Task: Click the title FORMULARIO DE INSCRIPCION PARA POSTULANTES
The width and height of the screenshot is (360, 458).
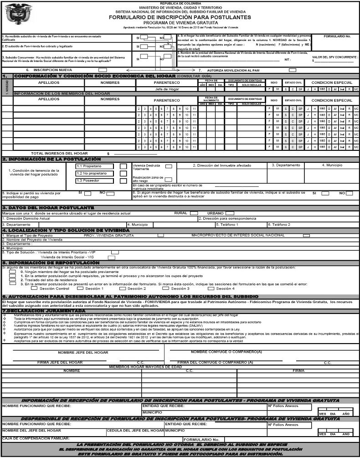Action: click(180, 17)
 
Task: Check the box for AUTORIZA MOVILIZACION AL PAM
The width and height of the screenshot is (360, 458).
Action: click(293, 70)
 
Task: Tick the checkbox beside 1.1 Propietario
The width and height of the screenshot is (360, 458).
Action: click(123, 166)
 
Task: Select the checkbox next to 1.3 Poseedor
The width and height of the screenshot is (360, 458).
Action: click(123, 181)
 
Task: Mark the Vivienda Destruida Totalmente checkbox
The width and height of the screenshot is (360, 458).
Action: click(169, 167)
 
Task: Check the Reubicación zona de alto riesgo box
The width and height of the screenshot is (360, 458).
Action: click(169, 180)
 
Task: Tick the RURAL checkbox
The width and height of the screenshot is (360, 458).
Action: click(194, 213)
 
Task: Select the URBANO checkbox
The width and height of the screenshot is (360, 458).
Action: click(230, 213)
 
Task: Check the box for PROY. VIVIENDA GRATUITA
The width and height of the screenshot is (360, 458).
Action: click(160, 236)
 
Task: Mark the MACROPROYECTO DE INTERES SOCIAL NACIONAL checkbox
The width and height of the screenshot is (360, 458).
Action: click(306, 236)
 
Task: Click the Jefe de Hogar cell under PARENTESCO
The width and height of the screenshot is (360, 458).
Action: click(167, 89)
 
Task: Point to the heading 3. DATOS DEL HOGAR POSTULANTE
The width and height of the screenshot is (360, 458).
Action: click(48, 208)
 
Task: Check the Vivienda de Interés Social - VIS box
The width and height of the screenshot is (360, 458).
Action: click(111, 257)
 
